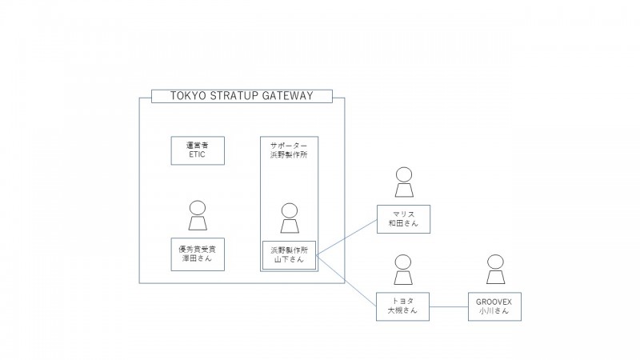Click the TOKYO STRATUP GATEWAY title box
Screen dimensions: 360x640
click(x=242, y=97)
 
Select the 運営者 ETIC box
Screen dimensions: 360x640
click(x=197, y=150)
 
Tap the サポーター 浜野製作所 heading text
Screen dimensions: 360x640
click(x=289, y=150)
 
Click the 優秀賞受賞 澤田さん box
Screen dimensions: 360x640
click(x=197, y=254)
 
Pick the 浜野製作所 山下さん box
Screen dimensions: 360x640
click(x=289, y=254)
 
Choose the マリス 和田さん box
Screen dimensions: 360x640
click(x=403, y=218)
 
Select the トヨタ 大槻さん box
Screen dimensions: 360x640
click(x=403, y=307)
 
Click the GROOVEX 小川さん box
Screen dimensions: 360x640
click(x=495, y=307)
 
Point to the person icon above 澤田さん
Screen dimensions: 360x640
click(x=197, y=214)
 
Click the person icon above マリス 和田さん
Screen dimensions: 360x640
click(x=403, y=183)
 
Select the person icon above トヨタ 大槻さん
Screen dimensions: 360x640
click(x=403, y=271)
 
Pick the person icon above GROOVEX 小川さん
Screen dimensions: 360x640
click(x=495, y=271)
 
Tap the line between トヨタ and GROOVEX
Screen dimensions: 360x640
click(x=450, y=307)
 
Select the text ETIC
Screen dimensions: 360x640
click(x=197, y=155)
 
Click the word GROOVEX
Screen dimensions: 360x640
click(x=495, y=302)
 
